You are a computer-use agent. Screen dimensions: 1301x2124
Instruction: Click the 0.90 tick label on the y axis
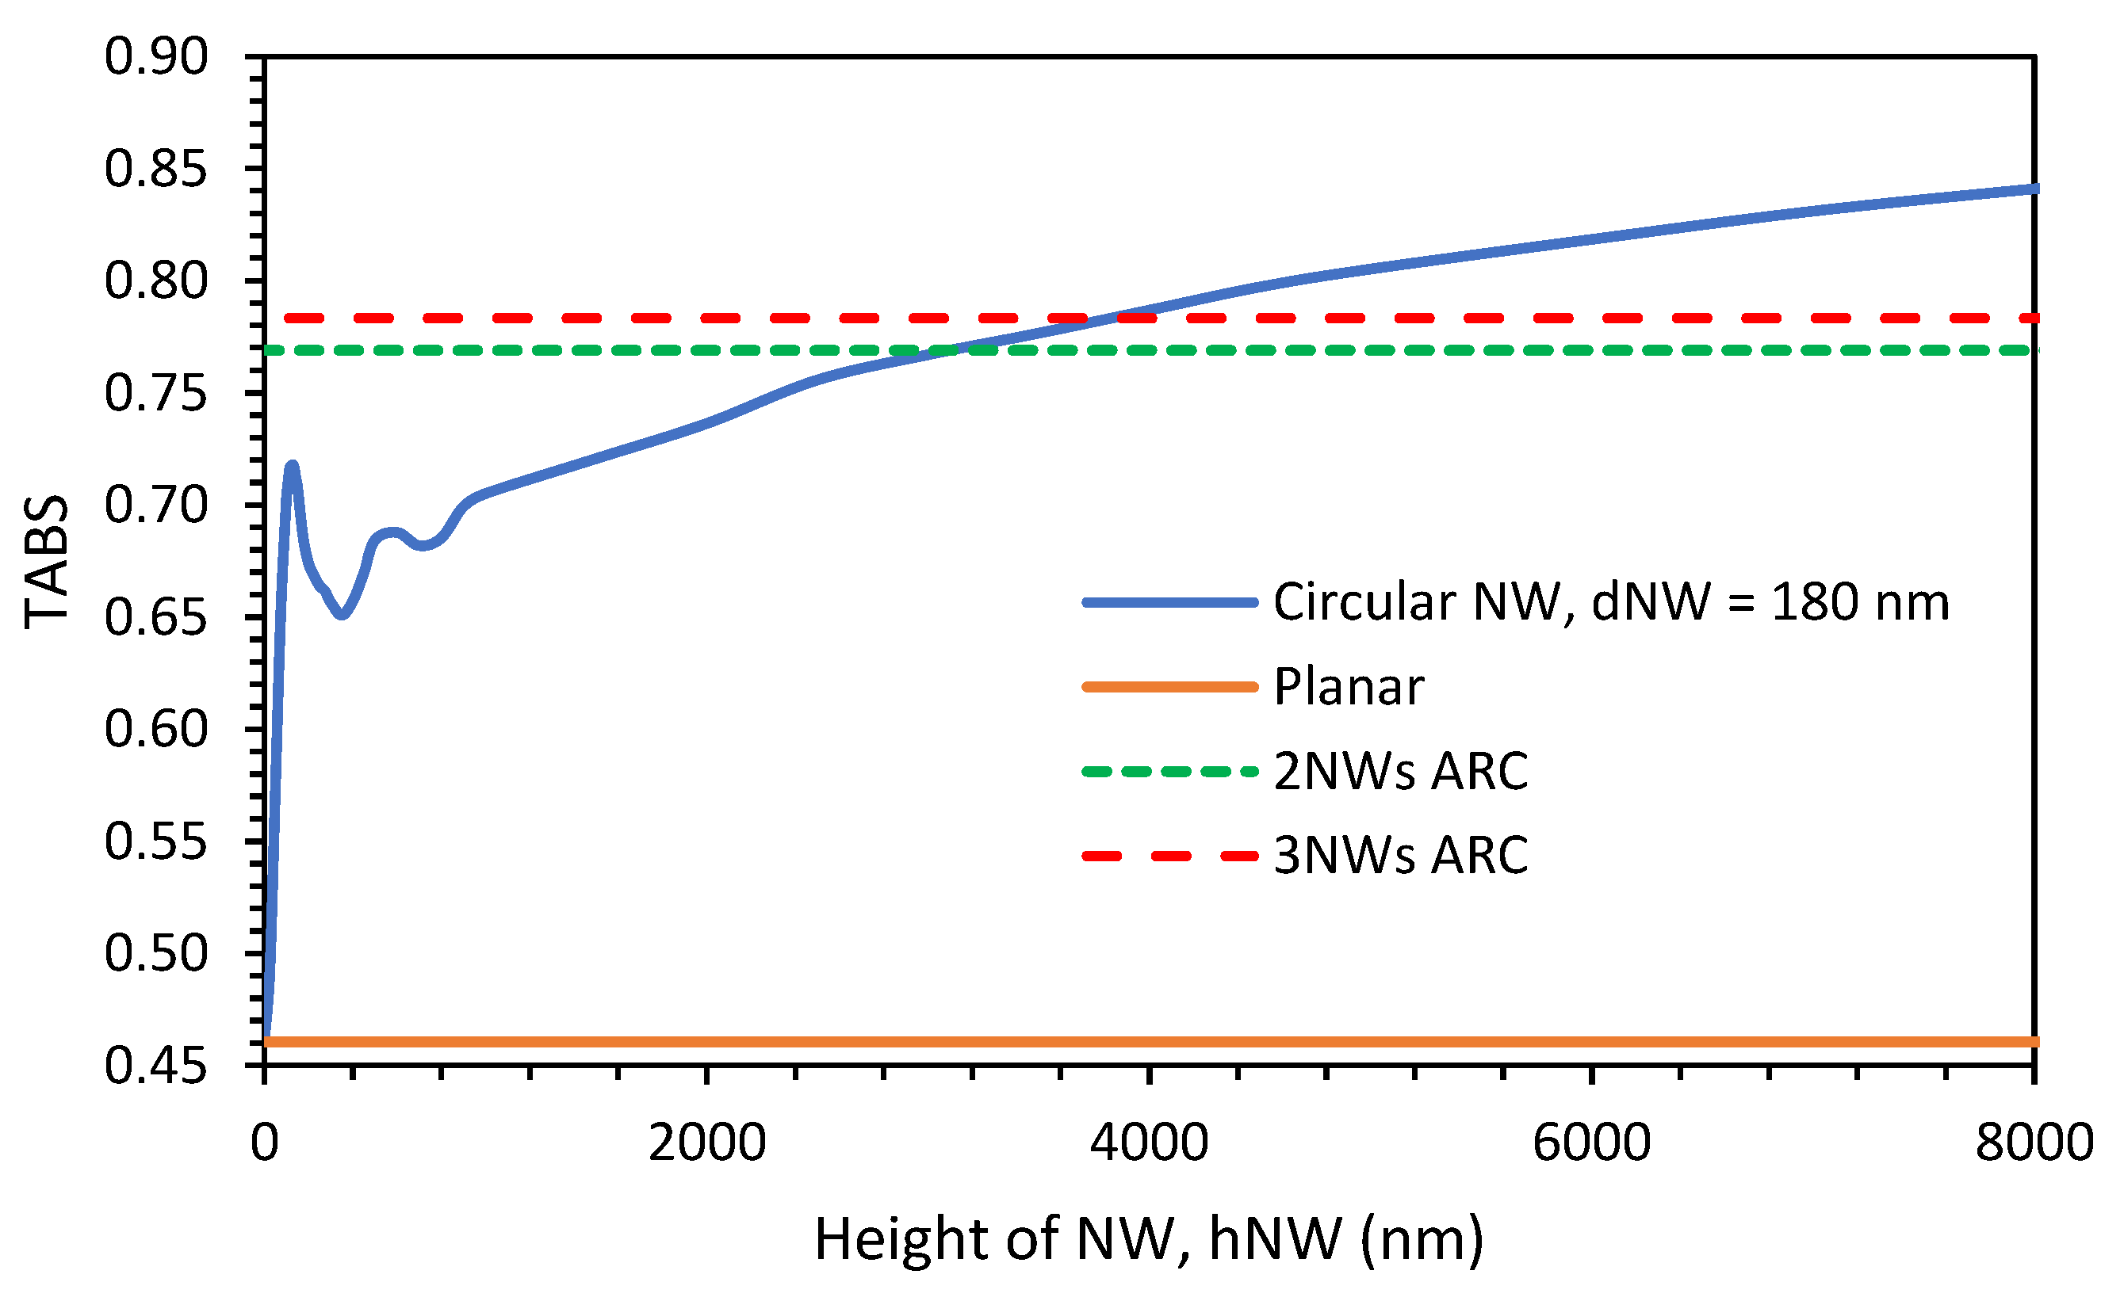[x=156, y=58]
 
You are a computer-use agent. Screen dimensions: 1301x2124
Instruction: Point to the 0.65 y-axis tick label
[x=156, y=619]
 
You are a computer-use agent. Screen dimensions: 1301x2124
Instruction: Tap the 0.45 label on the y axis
[x=156, y=1066]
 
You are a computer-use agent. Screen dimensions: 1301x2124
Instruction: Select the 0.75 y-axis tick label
[x=156, y=395]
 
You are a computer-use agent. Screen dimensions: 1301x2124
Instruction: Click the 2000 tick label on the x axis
[x=707, y=1143]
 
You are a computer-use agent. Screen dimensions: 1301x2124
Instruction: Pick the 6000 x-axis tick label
[x=1591, y=1143]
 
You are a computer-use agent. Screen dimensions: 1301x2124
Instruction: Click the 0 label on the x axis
[x=265, y=1143]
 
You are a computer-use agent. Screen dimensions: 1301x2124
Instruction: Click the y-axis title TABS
[x=46, y=562]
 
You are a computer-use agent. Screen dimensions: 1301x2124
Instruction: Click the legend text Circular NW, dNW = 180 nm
[x=1611, y=601]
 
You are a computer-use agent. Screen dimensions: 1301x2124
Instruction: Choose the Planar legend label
[x=1348, y=687]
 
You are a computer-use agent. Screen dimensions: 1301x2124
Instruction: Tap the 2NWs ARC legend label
[x=1401, y=770]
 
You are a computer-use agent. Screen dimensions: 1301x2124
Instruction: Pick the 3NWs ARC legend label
[x=1401, y=855]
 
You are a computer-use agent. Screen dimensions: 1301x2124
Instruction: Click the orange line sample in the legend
[x=1169, y=687]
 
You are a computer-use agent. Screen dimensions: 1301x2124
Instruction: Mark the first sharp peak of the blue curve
[x=293, y=466]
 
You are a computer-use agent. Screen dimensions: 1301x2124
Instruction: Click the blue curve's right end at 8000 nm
[x=2033, y=189]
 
